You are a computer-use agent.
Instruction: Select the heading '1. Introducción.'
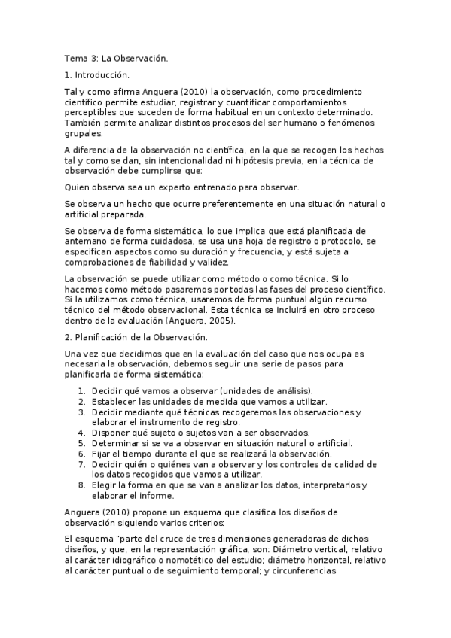tap(96, 74)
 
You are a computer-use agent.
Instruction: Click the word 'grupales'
tap(84, 134)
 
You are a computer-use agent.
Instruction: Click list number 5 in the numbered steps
tap(82, 443)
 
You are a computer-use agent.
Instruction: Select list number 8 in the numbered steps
tap(82, 485)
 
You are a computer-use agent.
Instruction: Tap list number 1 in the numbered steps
tap(82, 390)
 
